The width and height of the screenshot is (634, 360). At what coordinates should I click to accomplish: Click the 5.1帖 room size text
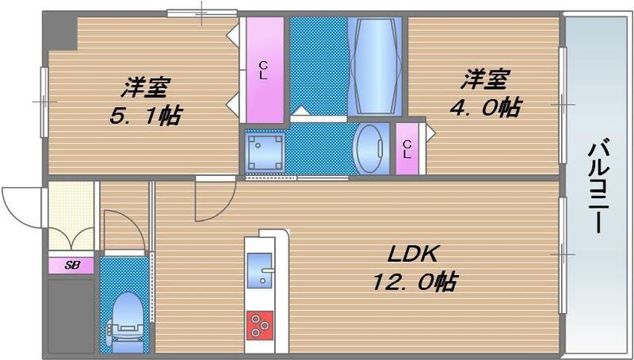coord(145,117)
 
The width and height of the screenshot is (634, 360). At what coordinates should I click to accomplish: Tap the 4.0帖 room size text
coord(487,105)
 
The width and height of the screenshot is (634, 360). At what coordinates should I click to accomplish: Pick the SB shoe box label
coord(71,265)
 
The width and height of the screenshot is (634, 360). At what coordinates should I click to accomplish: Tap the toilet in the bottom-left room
coord(126,317)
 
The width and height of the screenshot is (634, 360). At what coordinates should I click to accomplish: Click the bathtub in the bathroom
coord(376,67)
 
